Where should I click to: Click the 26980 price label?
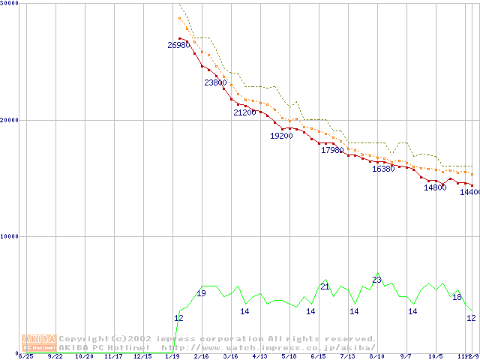coord(178,46)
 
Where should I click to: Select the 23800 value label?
coord(215,82)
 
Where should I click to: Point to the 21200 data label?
coord(244,112)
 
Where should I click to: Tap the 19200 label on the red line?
coord(281,136)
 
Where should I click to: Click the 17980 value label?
coord(332,151)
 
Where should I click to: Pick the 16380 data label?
coord(383,169)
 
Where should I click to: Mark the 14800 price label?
coord(435,188)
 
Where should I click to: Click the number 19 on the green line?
coord(201,293)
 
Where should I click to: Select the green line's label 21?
coord(325,286)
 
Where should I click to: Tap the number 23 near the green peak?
coord(376,280)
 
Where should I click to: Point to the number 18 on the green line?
coord(457,298)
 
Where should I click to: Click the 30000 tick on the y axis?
coord(10,4)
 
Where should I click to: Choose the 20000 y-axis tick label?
coord(10,120)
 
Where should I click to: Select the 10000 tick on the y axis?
coord(10,236)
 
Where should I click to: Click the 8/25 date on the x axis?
coord(25,356)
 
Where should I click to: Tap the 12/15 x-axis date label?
coord(142,356)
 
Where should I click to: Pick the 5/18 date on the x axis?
coord(289,356)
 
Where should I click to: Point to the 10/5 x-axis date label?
coord(435,356)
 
